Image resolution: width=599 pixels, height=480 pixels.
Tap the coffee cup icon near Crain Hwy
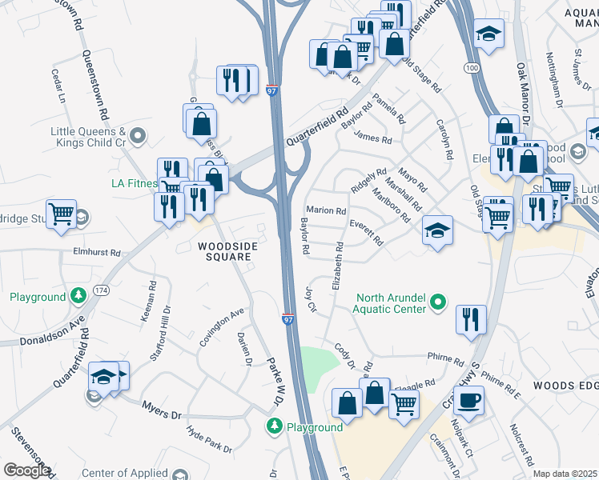[x=471, y=399]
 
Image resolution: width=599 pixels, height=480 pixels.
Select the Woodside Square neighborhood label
[x=225, y=251]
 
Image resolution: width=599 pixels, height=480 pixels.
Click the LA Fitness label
[x=133, y=183]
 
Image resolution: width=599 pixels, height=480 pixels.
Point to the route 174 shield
[x=101, y=289]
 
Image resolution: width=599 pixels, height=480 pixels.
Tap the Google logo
[x=26, y=470]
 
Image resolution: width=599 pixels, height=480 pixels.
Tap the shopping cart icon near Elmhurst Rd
[x=61, y=214]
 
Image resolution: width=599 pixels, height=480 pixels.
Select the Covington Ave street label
[x=221, y=328]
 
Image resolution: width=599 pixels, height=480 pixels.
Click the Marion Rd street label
[x=326, y=211]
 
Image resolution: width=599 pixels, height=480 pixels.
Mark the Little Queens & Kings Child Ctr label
[x=88, y=137]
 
